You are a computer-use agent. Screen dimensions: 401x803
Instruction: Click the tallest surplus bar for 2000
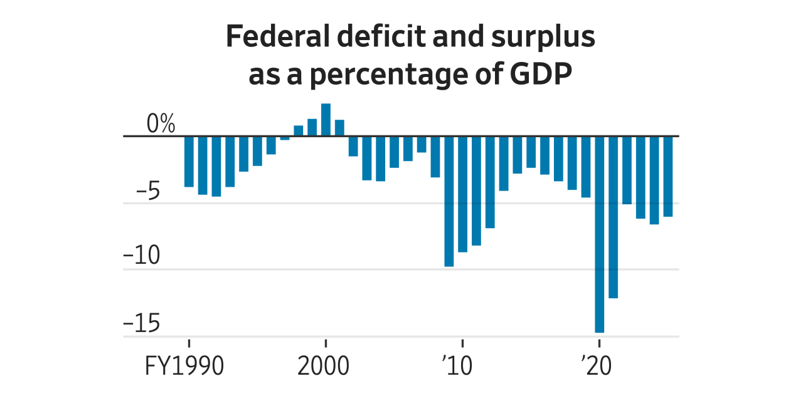click(x=326, y=120)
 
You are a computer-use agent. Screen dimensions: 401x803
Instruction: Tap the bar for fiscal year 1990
click(x=189, y=161)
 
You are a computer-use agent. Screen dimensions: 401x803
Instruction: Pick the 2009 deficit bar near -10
click(x=449, y=200)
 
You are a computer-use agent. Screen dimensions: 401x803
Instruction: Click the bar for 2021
click(x=613, y=217)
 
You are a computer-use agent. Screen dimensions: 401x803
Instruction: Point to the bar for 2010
click(x=462, y=194)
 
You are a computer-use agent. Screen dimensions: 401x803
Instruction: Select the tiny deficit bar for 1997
click(x=285, y=138)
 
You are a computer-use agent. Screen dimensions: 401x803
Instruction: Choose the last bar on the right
click(x=668, y=176)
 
